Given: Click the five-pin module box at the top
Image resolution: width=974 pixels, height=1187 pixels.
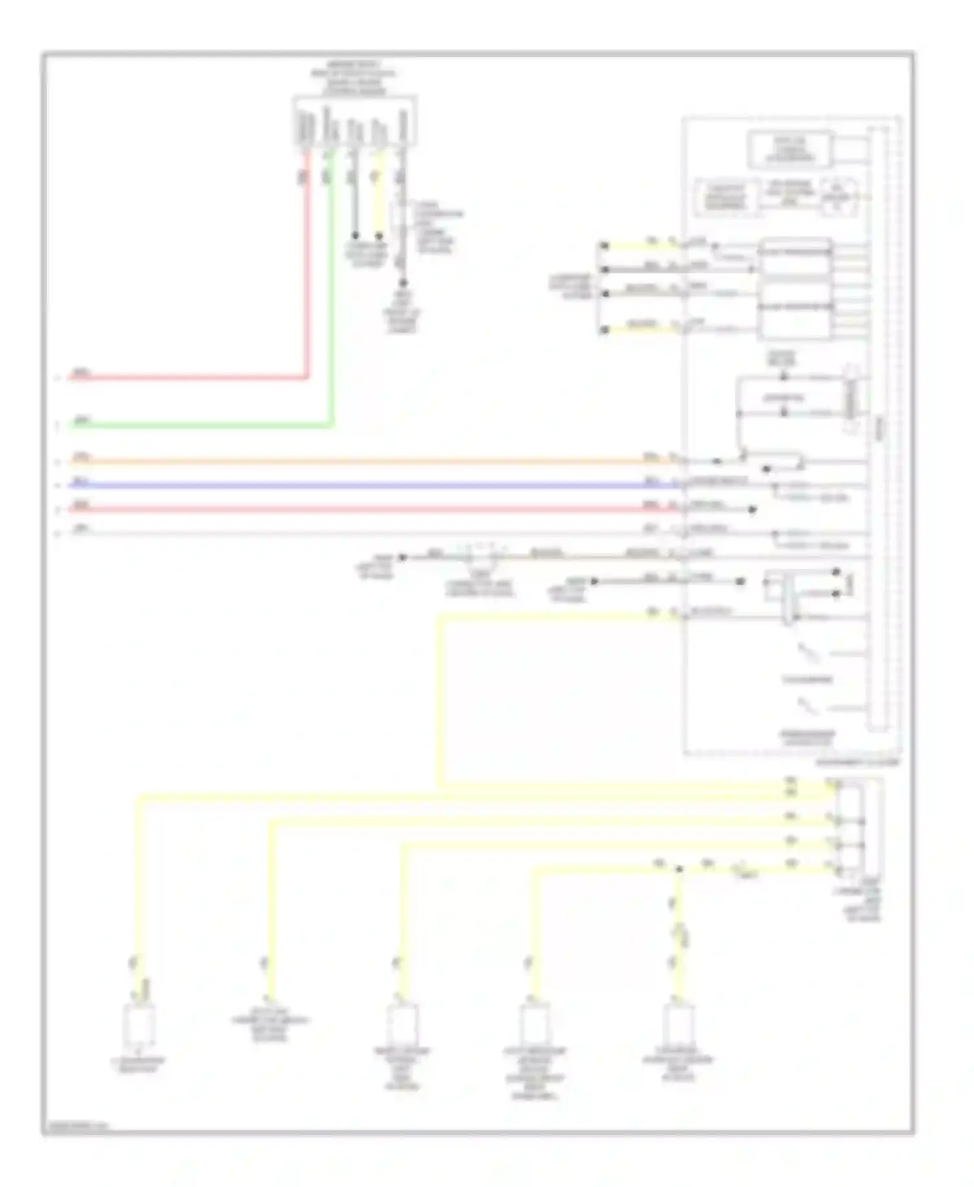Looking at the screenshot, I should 355,121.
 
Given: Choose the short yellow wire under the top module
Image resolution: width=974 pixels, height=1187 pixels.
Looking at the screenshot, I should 379,201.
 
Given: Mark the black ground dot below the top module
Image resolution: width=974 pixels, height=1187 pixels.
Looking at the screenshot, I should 403,283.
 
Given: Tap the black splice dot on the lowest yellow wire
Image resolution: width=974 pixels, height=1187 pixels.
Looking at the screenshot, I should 679,869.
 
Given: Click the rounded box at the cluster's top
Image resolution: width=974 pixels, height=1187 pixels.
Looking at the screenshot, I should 790,149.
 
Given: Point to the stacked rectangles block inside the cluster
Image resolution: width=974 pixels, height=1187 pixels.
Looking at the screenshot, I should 795,288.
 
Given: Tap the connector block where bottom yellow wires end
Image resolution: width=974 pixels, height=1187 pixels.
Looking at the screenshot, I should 851,828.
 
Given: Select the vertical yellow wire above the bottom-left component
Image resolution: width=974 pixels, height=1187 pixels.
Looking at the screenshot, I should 139,896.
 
